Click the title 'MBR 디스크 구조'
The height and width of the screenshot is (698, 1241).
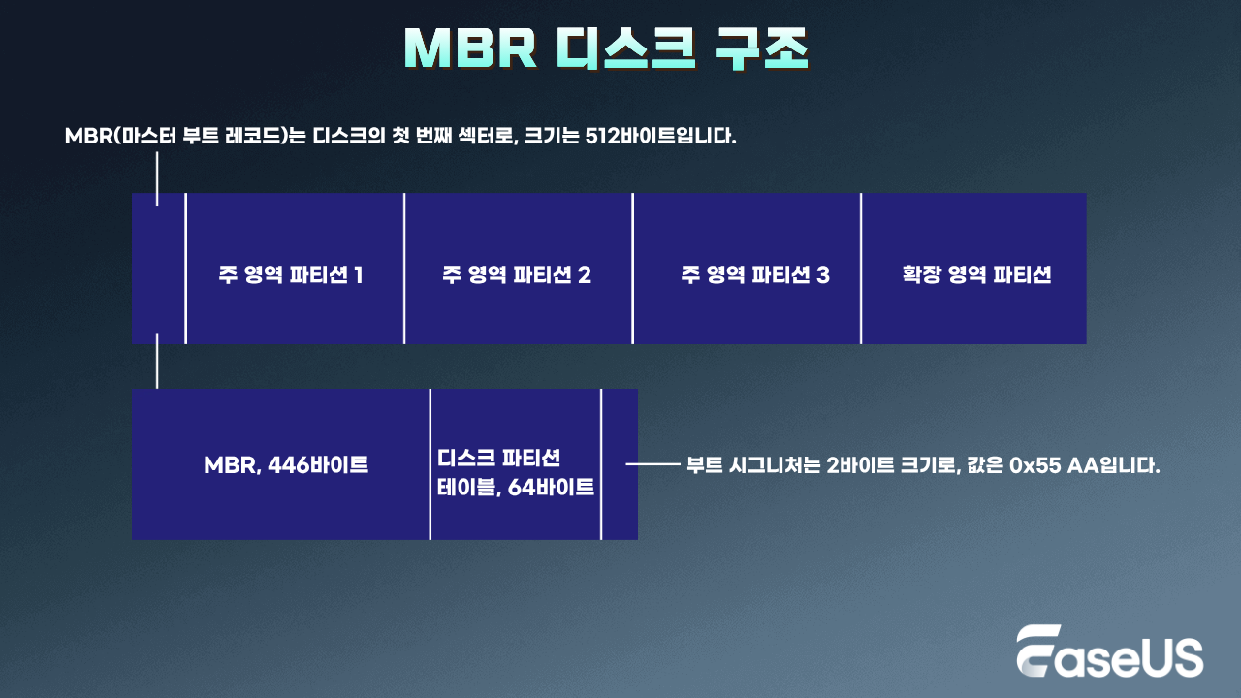pyautogui.click(x=607, y=49)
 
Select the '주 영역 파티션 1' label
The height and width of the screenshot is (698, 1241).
pyautogui.click(x=291, y=274)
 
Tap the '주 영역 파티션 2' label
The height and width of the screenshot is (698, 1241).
pyautogui.click(x=517, y=274)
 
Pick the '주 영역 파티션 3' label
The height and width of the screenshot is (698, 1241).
pyautogui.click(x=755, y=274)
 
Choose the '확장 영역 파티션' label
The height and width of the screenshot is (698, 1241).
pyautogui.click(x=976, y=274)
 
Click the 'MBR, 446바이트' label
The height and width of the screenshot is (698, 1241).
pyautogui.click(x=286, y=465)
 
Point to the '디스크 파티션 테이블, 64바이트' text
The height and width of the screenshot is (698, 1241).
pyautogui.click(x=516, y=472)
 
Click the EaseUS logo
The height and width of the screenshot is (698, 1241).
pyautogui.click(x=1109, y=650)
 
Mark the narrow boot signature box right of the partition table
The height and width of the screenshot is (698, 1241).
pyautogui.click(x=620, y=464)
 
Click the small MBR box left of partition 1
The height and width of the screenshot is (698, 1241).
pyautogui.click(x=158, y=269)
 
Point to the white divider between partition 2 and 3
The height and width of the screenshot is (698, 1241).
pyautogui.click(x=632, y=269)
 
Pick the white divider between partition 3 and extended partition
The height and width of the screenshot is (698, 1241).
pyautogui.click(x=861, y=269)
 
